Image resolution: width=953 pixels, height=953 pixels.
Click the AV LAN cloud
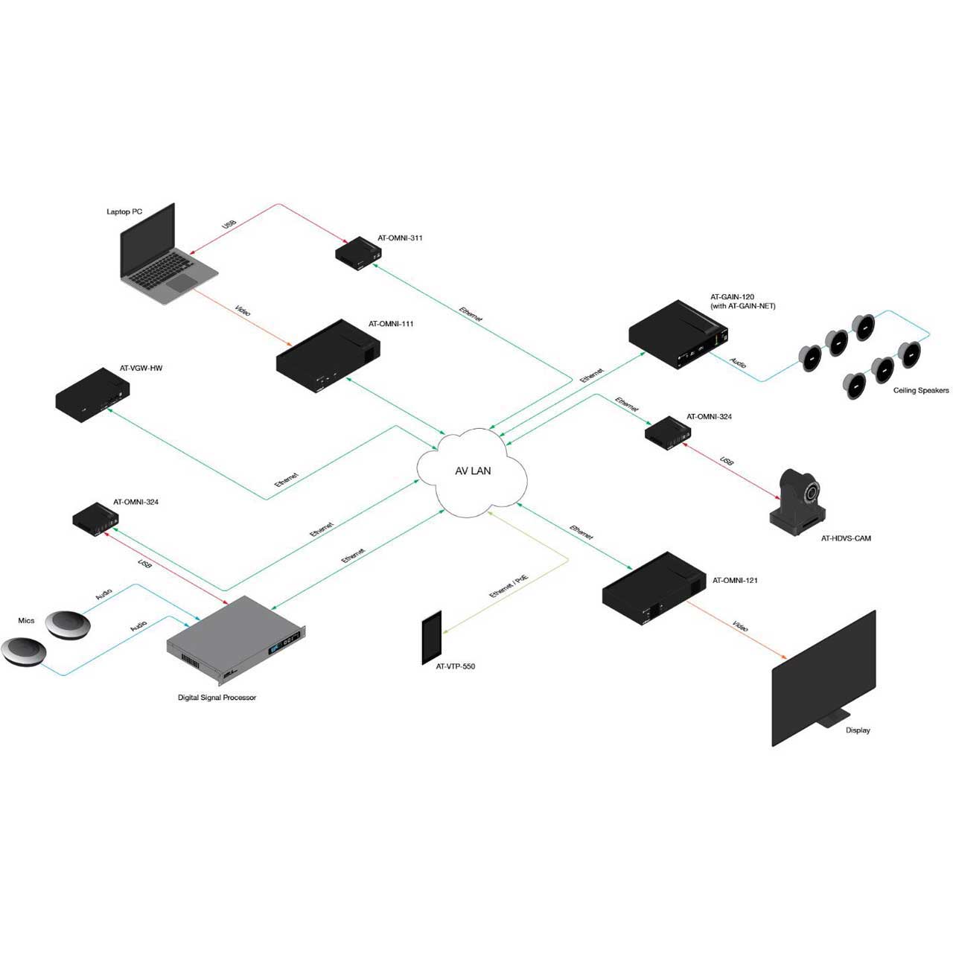[472, 471]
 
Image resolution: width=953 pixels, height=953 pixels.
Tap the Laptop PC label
[124, 211]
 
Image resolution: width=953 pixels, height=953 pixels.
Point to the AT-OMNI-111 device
[328, 356]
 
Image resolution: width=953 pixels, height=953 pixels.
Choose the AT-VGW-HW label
[141, 368]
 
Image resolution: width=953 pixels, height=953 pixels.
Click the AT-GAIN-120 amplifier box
[678, 334]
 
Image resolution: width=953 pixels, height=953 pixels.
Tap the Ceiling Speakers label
[921, 390]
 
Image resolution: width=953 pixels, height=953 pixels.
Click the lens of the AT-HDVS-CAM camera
[809, 493]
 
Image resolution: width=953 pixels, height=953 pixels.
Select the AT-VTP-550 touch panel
[431, 638]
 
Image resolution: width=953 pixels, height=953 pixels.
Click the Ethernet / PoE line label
[509, 587]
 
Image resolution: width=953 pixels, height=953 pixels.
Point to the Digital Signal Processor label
[217, 698]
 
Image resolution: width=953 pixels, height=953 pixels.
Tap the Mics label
[26, 620]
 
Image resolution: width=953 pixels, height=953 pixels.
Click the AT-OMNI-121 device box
[653, 589]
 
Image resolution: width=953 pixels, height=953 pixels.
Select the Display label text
[858, 730]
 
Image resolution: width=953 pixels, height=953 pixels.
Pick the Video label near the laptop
[243, 310]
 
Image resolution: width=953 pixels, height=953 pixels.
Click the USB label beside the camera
[726, 461]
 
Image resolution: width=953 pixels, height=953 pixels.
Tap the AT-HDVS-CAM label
[846, 538]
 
